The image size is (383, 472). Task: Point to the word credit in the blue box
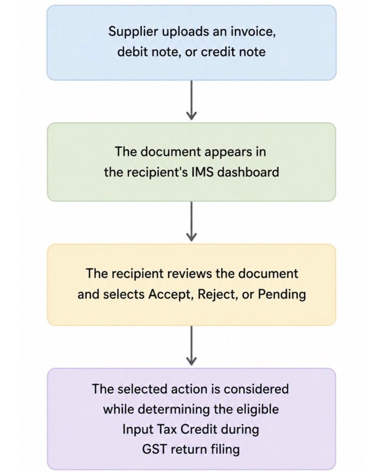pyautogui.click(x=218, y=52)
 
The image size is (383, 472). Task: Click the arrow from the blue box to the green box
pyautogui.click(x=191, y=100)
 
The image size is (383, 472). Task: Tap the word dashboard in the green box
pyautogui.click(x=248, y=172)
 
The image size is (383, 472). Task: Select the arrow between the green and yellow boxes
pyautogui.click(x=191, y=221)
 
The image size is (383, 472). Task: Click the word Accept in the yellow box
pyautogui.click(x=171, y=295)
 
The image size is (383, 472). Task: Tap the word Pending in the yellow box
pyautogui.click(x=282, y=295)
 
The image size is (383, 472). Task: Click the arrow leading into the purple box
pyautogui.click(x=191, y=346)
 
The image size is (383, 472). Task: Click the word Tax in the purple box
pyautogui.click(x=167, y=430)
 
